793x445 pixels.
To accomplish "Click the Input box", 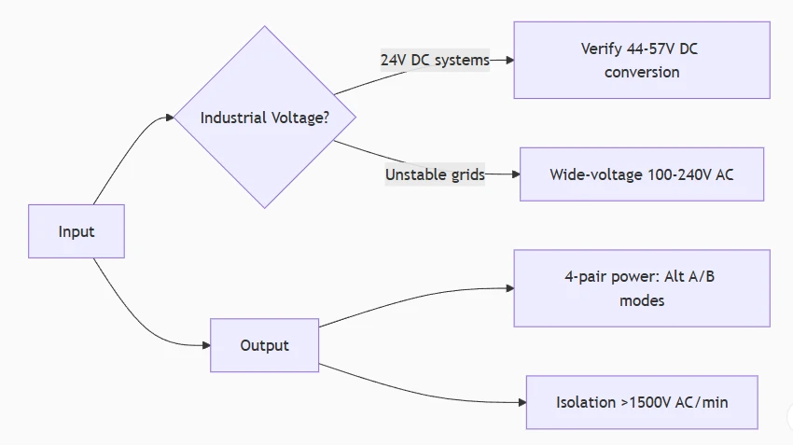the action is (x=77, y=231).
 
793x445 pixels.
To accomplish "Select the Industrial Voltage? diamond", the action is (x=265, y=117).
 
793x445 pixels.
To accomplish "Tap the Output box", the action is (x=265, y=345).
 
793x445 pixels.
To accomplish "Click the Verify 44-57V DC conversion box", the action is (x=642, y=61).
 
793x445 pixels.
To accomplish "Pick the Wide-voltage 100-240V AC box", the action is (x=642, y=174).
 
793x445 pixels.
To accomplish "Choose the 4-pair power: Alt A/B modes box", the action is (x=642, y=288).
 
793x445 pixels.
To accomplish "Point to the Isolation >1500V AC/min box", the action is (x=642, y=402).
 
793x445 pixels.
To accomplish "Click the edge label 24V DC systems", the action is (x=435, y=61).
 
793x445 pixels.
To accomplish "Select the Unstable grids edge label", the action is (x=435, y=174).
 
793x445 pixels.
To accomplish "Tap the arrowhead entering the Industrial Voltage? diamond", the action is (x=170, y=118).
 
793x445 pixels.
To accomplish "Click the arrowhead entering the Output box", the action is (x=206, y=345).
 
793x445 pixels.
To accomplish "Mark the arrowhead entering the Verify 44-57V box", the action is (x=509, y=61).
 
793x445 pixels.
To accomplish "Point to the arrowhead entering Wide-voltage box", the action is (x=516, y=174).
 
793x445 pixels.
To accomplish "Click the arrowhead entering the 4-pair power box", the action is (x=509, y=288).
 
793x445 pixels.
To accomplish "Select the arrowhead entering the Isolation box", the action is (x=522, y=402).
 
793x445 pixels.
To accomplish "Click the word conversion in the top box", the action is (x=642, y=73).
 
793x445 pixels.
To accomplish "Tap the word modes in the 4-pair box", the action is (x=642, y=301).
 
